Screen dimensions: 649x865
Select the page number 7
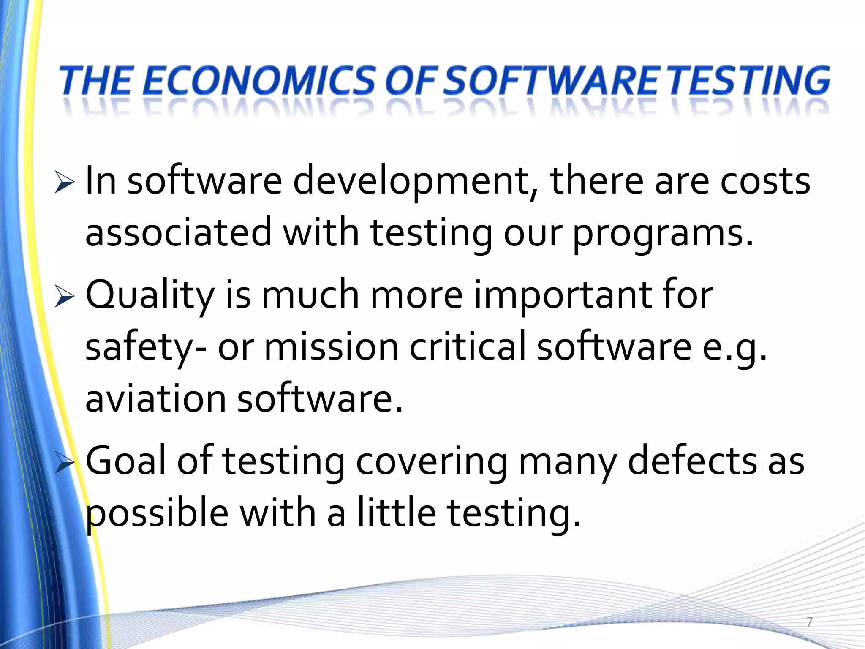click(x=809, y=622)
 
